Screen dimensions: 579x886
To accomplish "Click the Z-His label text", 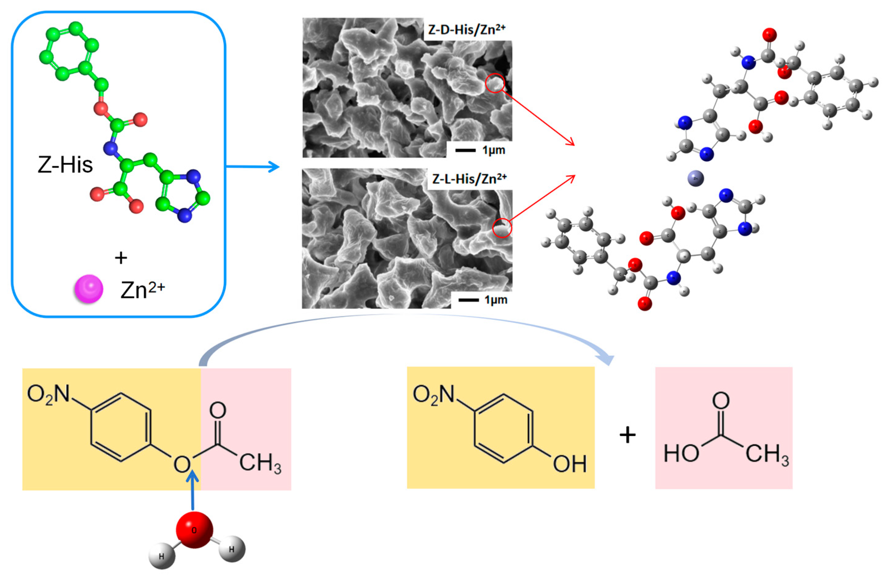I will click(65, 165).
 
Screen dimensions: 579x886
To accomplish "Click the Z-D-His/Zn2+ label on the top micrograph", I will click(466, 29).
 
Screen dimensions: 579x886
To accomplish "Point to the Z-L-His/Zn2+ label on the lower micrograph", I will click(469, 179).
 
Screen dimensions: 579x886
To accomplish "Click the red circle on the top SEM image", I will click(495, 84).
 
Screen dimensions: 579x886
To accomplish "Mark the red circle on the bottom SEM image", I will click(502, 228).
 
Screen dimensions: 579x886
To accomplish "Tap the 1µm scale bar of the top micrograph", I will click(465, 150).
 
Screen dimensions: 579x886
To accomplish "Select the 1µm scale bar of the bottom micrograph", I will click(468, 300).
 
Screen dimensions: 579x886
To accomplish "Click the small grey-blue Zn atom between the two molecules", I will click(695, 178).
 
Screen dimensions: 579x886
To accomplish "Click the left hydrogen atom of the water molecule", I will click(162, 557).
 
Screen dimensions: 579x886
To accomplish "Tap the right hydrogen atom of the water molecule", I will click(232, 549).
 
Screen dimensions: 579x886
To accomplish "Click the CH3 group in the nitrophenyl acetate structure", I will click(260, 464).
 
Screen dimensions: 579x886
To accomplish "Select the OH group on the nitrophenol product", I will click(570, 464).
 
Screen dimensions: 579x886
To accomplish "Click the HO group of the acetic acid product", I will click(681, 454).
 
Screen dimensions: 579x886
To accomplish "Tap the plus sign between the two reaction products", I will click(628, 435).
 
